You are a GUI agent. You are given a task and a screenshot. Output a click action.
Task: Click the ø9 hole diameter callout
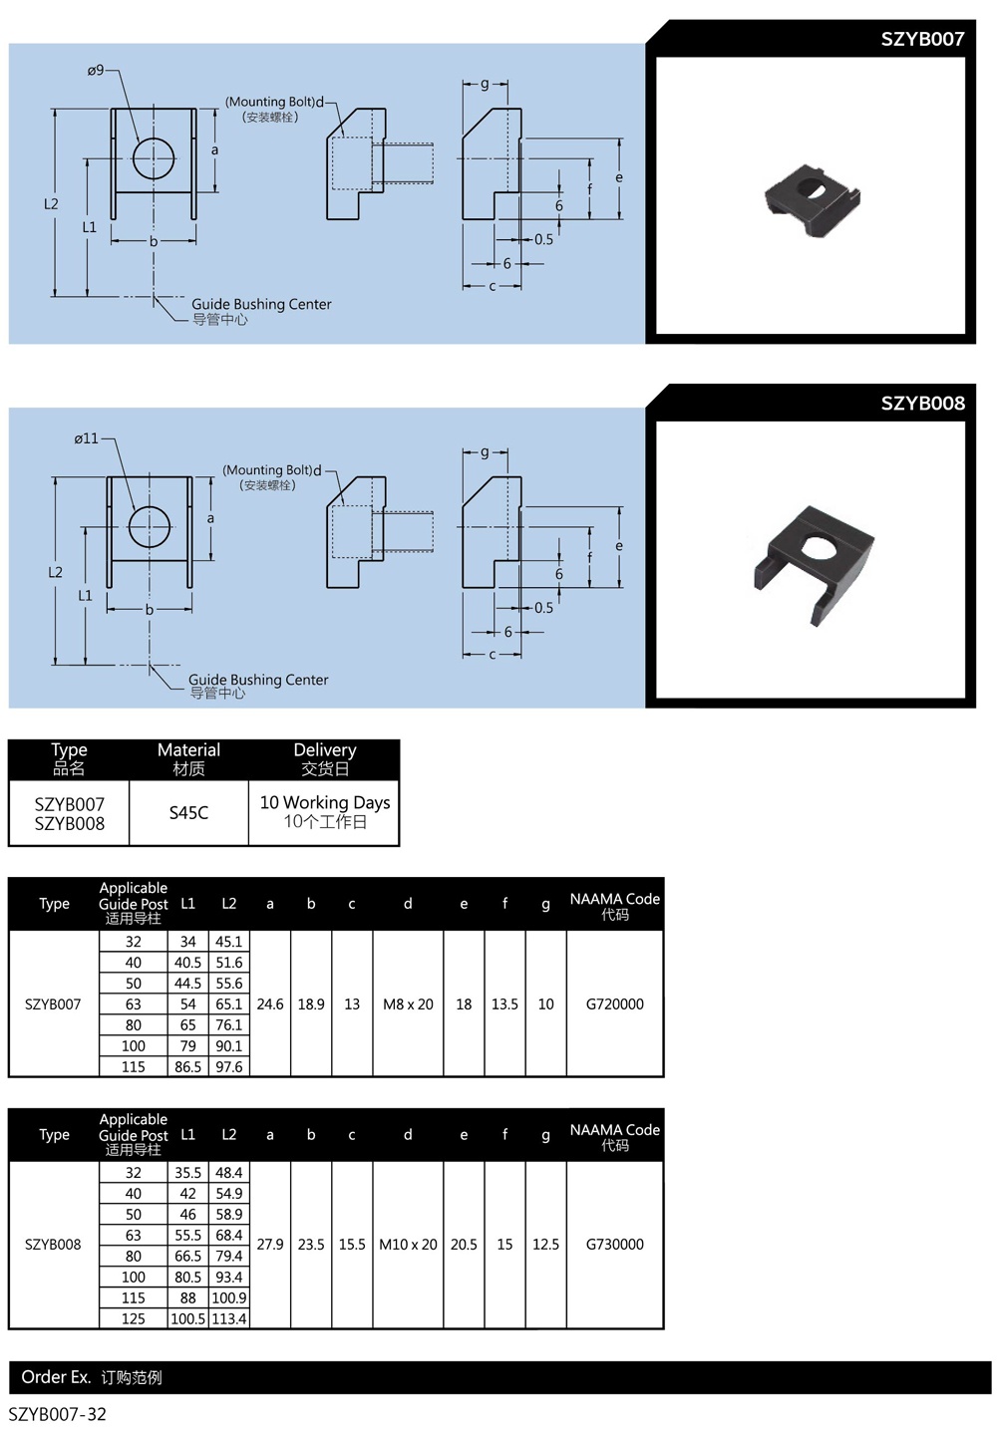point(96,71)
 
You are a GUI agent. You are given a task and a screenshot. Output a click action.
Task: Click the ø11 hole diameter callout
point(87,438)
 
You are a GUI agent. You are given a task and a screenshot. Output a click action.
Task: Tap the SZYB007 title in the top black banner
point(922,39)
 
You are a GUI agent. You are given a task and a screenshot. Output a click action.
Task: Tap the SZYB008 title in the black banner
point(922,403)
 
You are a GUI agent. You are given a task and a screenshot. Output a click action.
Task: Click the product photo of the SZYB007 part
point(813,199)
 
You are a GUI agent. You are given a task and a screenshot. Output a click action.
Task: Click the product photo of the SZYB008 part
point(814,564)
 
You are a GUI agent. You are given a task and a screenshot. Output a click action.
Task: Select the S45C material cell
point(188,812)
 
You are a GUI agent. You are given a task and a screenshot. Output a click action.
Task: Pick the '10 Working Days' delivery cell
point(324,812)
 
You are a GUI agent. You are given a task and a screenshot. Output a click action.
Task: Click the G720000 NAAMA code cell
point(615,1003)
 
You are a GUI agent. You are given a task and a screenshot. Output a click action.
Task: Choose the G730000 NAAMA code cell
point(615,1245)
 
